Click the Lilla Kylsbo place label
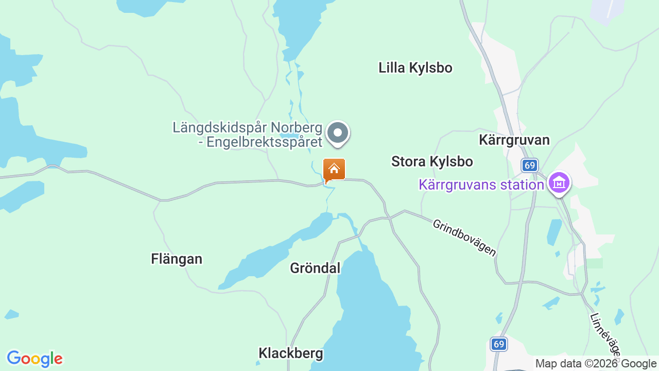[x=415, y=68]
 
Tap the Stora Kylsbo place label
[x=432, y=161]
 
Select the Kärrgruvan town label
[x=514, y=140]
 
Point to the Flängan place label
[x=177, y=259]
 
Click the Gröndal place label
[x=315, y=268]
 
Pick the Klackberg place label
[x=291, y=353]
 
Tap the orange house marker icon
[x=334, y=170]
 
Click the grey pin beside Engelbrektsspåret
[x=338, y=132]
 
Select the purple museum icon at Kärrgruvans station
[x=559, y=183]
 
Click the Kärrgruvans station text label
[x=481, y=184]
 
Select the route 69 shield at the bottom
[x=498, y=344]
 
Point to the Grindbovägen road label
[x=464, y=238]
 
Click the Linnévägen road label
[x=605, y=334]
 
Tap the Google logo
[x=34, y=359]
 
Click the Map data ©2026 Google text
[x=596, y=363]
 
